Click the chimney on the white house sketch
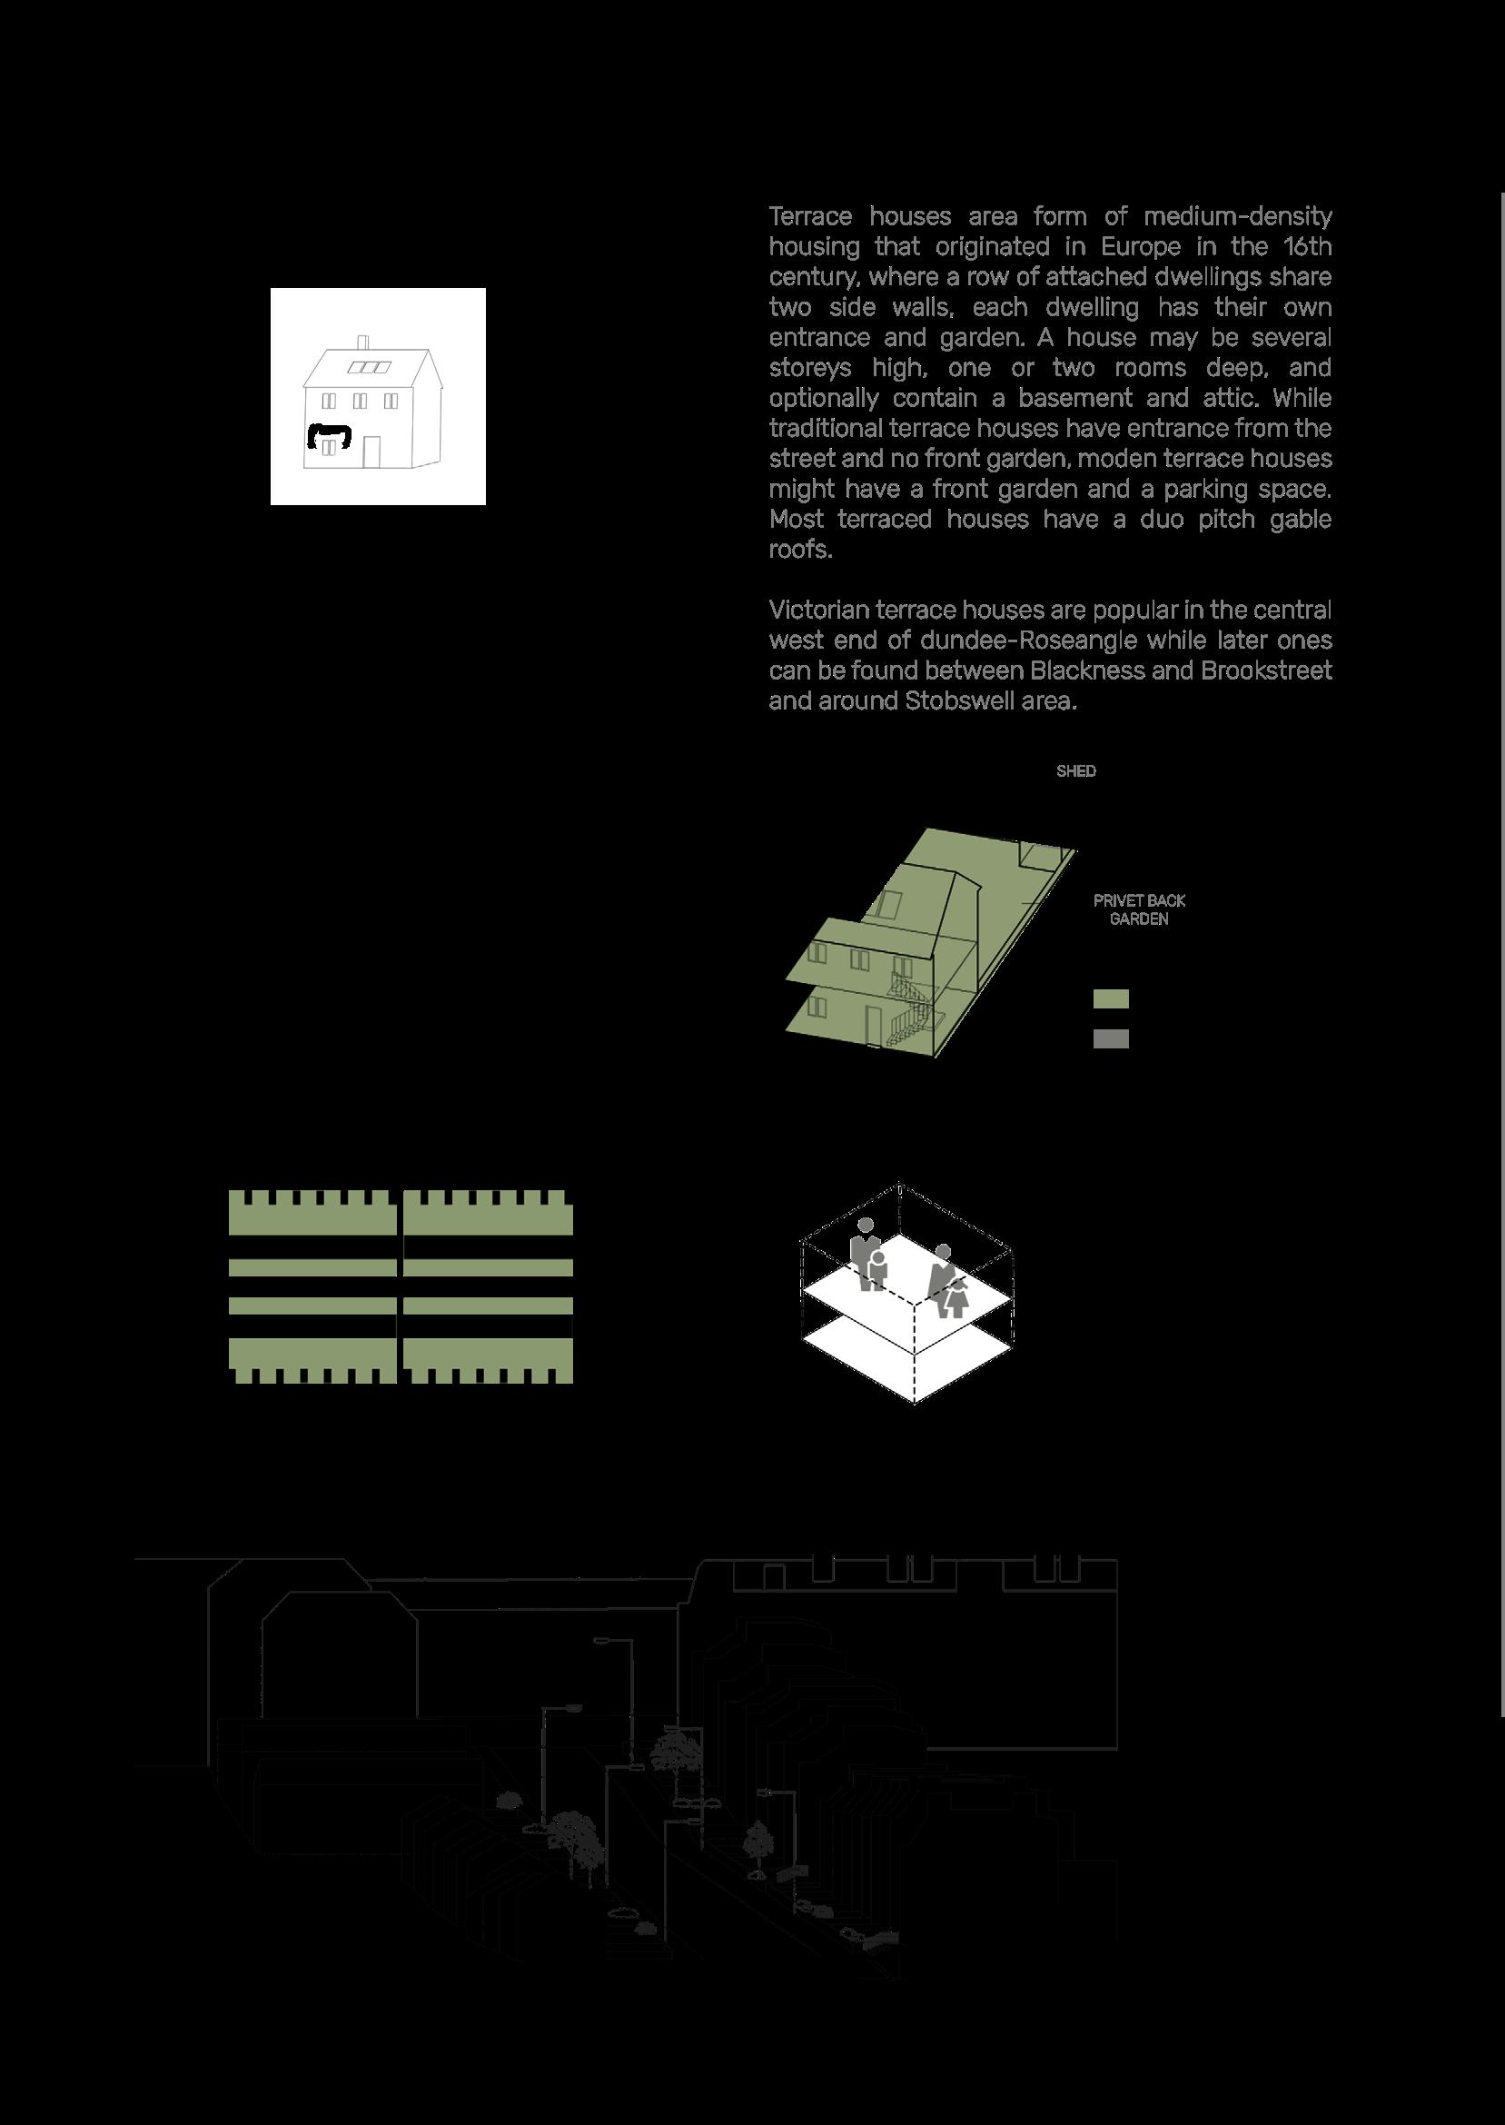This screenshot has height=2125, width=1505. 362,343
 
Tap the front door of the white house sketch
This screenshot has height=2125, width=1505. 371,452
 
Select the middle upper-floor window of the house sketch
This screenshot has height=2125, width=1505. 360,401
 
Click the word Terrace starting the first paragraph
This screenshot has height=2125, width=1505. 810,217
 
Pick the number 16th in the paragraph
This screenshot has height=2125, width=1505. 1307,247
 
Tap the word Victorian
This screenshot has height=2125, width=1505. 813,611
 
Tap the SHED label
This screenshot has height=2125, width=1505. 1076,771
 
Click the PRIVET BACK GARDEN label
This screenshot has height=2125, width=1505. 1139,909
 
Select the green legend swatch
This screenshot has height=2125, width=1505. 1110,999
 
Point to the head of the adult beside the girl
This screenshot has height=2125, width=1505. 943,1251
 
